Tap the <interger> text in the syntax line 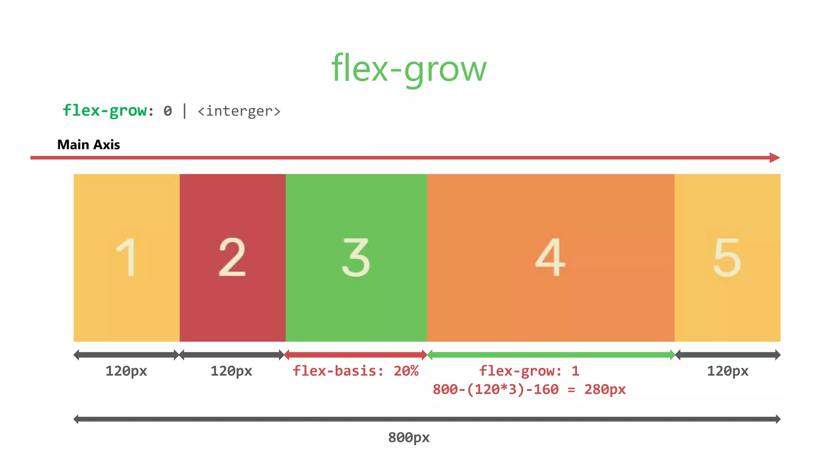[x=239, y=111]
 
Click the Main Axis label [x=88, y=145]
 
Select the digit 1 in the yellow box [x=127, y=257]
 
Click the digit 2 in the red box [x=232, y=257]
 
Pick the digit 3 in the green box [x=356, y=257]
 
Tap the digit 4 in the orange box [x=550, y=257]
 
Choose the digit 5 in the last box [x=727, y=257]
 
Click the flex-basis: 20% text [x=355, y=371]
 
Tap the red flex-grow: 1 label [x=529, y=371]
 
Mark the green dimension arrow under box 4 [x=551, y=355]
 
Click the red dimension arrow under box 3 [x=356, y=355]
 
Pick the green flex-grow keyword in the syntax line [x=105, y=111]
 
